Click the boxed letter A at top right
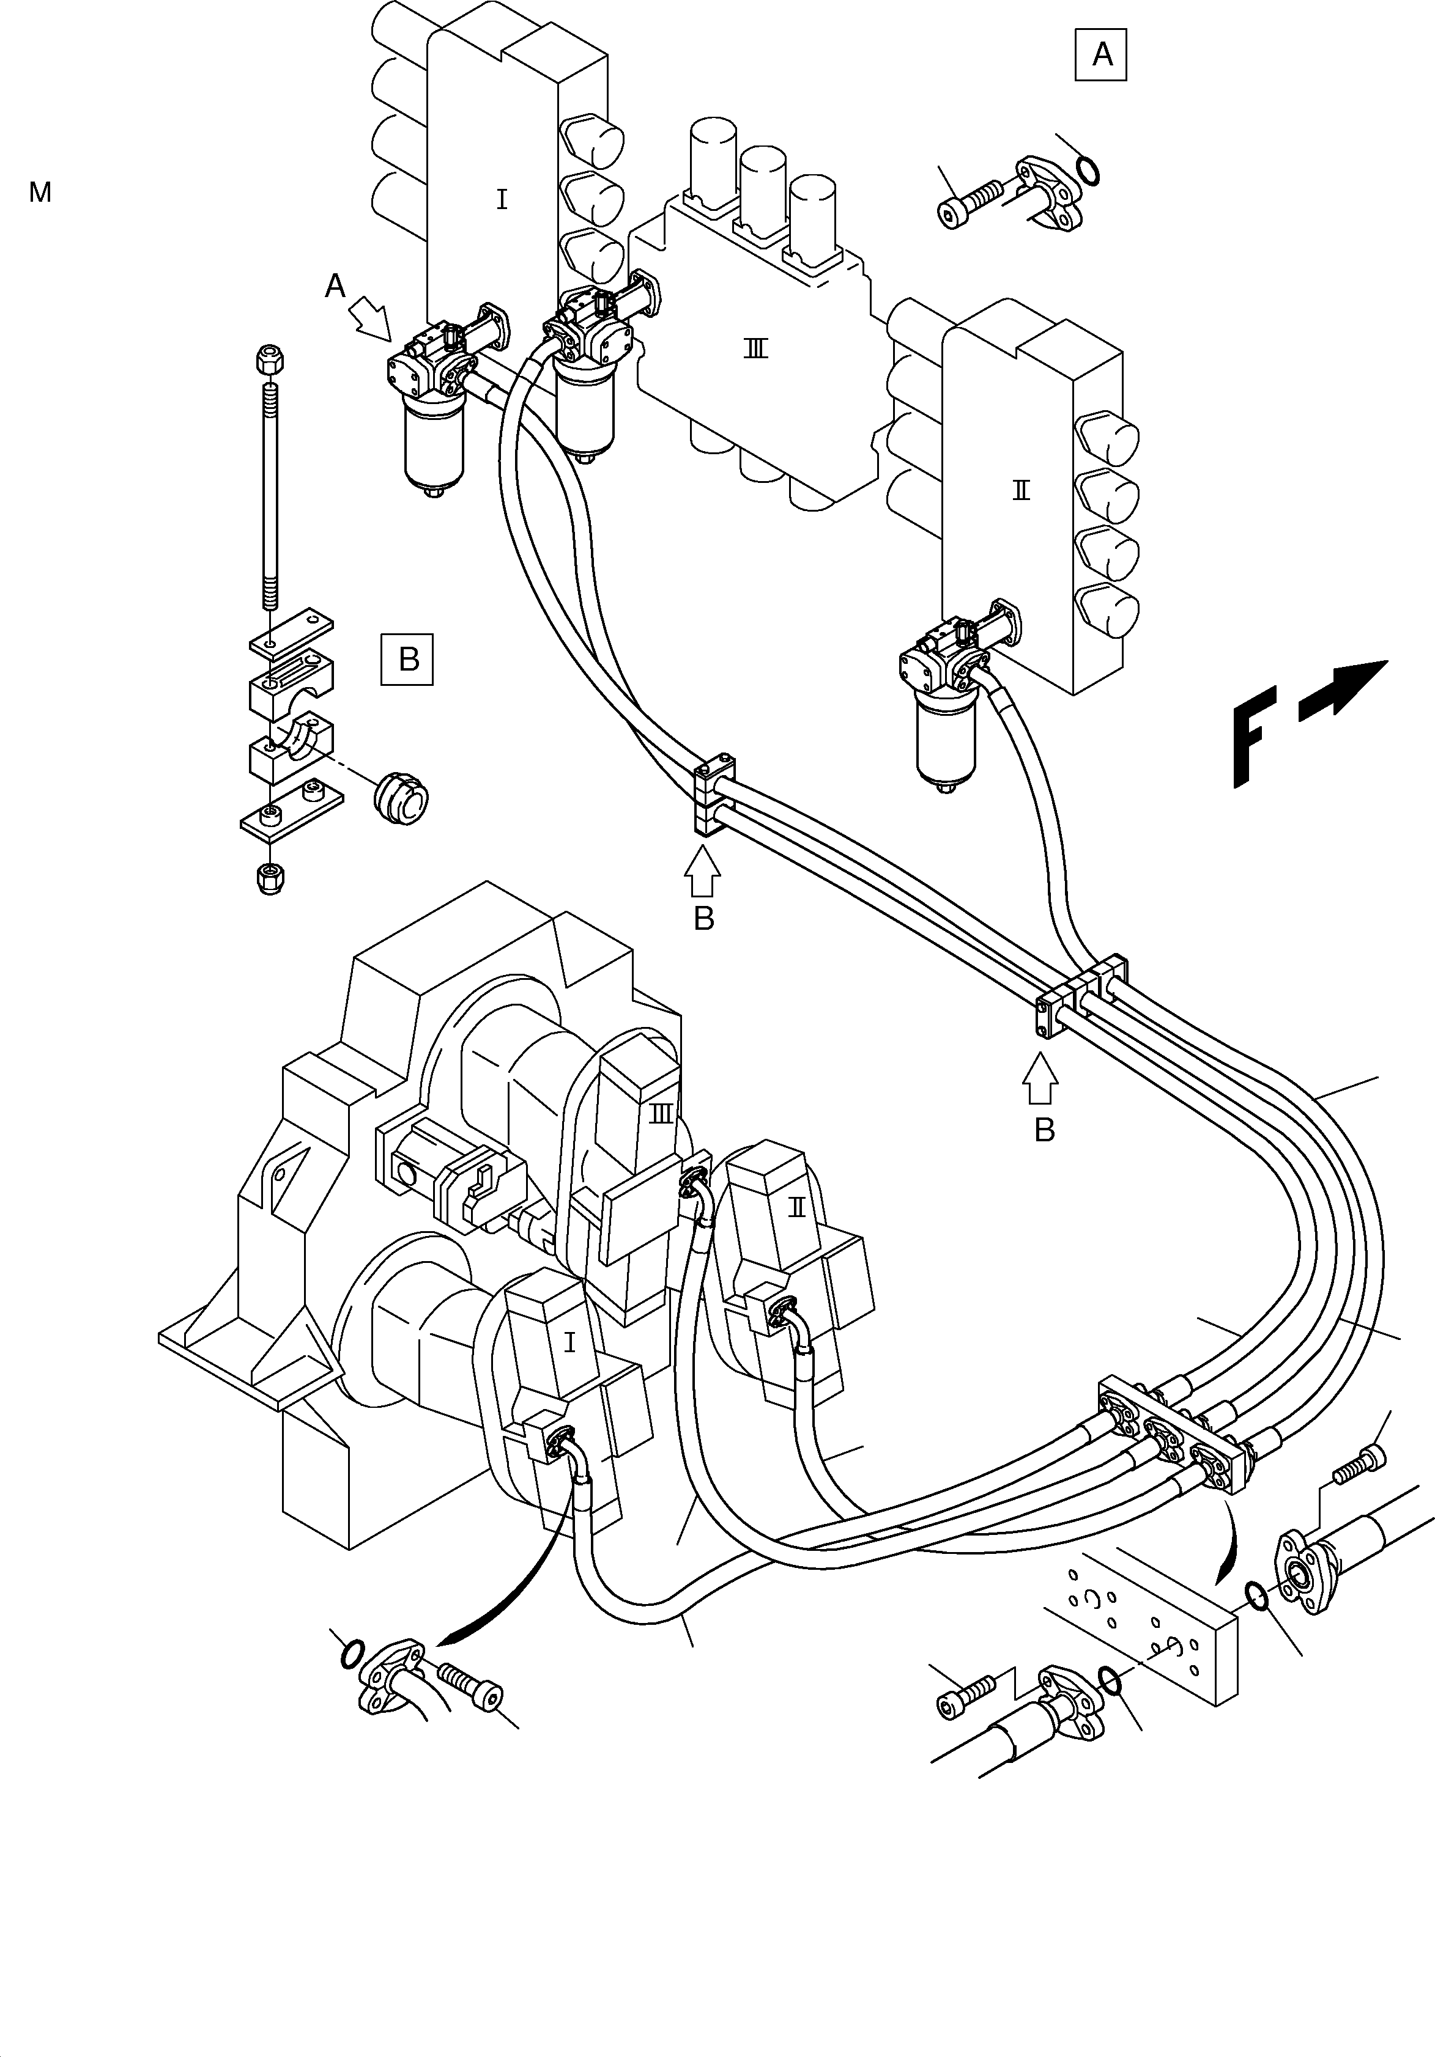pos(1100,56)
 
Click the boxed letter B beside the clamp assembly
pos(408,660)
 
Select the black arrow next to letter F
pos(1342,690)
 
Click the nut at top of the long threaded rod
pos(270,359)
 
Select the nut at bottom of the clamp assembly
pos(270,878)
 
